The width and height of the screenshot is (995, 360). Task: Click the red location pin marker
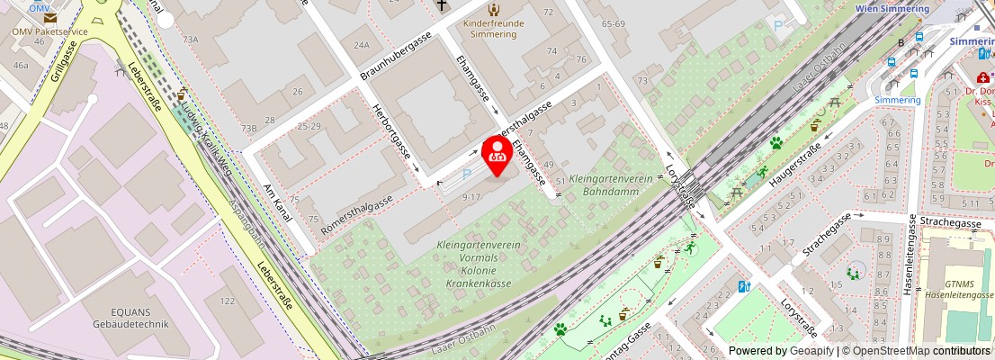point(497,155)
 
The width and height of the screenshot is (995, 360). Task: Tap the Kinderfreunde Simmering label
point(491,28)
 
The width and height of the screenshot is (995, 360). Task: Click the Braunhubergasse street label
point(396,56)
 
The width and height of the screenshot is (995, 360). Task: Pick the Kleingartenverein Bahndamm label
point(611,184)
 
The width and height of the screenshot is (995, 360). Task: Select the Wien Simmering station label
point(891,8)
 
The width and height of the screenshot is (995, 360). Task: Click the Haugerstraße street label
point(795,165)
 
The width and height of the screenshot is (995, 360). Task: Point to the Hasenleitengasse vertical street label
point(910,255)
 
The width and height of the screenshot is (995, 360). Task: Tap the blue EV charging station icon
point(743,286)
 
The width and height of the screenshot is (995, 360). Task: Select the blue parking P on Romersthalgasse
point(466,175)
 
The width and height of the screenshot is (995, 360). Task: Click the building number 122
point(226,301)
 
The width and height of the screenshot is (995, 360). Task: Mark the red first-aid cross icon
point(982,79)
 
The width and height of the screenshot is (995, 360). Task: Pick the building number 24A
point(362,44)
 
